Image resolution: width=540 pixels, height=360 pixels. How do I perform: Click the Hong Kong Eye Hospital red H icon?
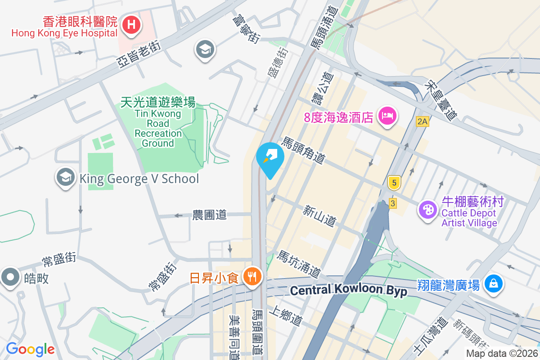131,24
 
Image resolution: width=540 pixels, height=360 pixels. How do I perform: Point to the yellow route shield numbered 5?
394,183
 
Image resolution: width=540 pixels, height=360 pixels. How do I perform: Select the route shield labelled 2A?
422,121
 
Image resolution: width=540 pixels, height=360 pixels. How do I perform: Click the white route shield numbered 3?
393,203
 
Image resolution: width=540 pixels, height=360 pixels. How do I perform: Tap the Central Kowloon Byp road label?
348,291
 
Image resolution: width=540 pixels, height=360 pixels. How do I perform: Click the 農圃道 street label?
209,215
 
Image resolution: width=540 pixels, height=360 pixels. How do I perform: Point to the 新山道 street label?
319,216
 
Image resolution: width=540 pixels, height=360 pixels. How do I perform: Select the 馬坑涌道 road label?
299,264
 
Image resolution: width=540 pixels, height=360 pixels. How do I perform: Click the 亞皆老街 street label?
139,54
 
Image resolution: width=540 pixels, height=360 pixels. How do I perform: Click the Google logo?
30,349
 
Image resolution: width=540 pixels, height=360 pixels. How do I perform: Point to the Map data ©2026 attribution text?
502,354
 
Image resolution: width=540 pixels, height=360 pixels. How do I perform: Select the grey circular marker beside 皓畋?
11,278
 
